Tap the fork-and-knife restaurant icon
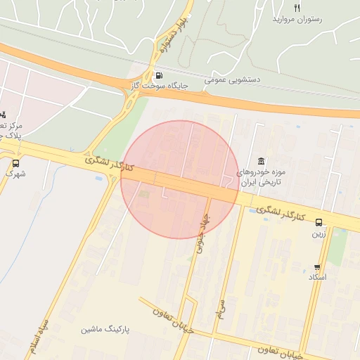(x=297, y=8)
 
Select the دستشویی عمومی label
(x=233, y=80)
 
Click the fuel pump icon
(x=159, y=76)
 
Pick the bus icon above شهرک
(x=15, y=163)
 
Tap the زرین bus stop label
(x=319, y=233)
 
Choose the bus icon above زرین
(x=319, y=222)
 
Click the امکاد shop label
(x=318, y=278)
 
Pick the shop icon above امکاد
(x=318, y=267)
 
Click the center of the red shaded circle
(x=180, y=179)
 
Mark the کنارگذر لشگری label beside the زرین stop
(x=281, y=213)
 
